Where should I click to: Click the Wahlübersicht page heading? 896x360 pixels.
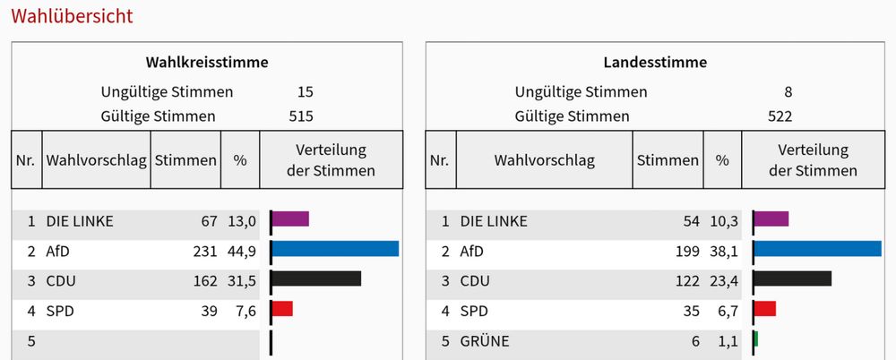(72, 16)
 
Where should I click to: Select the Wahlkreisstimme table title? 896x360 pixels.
(207, 63)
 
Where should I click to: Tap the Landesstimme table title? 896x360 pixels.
(655, 63)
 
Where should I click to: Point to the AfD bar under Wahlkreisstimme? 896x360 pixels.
(334, 249)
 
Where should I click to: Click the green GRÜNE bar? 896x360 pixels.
(755, 339)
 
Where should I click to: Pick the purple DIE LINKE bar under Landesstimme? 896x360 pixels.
(771, 219)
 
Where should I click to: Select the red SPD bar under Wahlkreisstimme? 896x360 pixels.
(281, 309)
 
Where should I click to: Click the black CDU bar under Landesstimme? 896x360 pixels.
(792, 279)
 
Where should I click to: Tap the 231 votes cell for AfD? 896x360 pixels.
(205, 252)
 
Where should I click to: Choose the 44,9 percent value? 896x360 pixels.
(240, 252)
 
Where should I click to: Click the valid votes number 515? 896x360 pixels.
(301, 116)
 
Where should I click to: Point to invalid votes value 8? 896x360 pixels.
(788, 91)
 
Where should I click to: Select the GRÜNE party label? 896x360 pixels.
(485, 341)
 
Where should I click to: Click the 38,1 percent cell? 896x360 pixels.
(722, 252)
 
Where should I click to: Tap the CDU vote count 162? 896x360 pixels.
(205, 281)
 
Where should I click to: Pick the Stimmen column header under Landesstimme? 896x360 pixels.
(668, 160)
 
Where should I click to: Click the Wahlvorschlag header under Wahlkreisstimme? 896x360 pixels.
(97, 160)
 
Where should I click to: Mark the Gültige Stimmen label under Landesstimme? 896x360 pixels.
(572, 116)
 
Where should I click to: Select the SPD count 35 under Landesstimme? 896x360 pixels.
(692, 311)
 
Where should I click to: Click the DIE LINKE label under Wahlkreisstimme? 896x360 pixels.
(80, 221)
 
